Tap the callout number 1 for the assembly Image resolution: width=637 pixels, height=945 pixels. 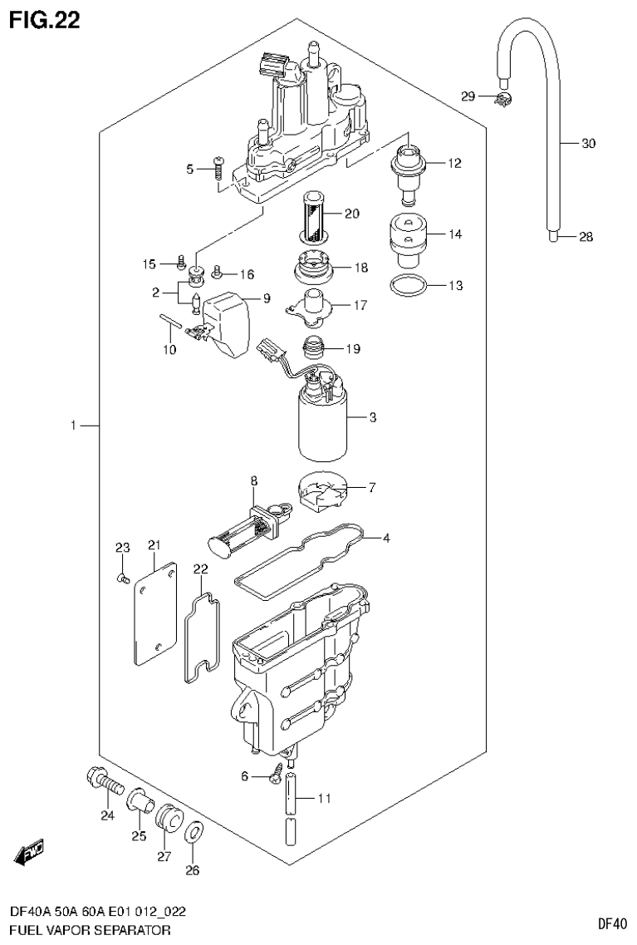point(73,426)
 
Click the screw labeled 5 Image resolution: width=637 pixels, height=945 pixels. point(218,169)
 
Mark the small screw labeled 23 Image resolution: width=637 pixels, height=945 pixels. point(122,575)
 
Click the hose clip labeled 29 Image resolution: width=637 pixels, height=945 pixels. point(501,100)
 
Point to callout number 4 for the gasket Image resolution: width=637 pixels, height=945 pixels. point(387,538)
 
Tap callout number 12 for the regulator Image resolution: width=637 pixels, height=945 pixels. point(454,163)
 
